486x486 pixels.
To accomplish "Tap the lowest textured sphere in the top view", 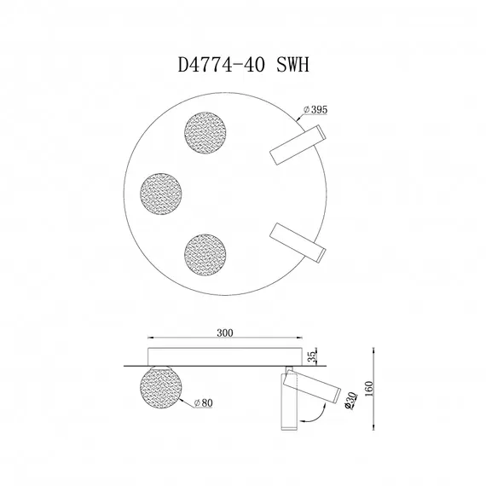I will tap(205, 253).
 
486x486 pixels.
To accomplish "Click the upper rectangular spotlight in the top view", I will tap(295, 144).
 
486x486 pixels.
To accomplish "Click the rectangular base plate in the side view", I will tap(225, 355).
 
